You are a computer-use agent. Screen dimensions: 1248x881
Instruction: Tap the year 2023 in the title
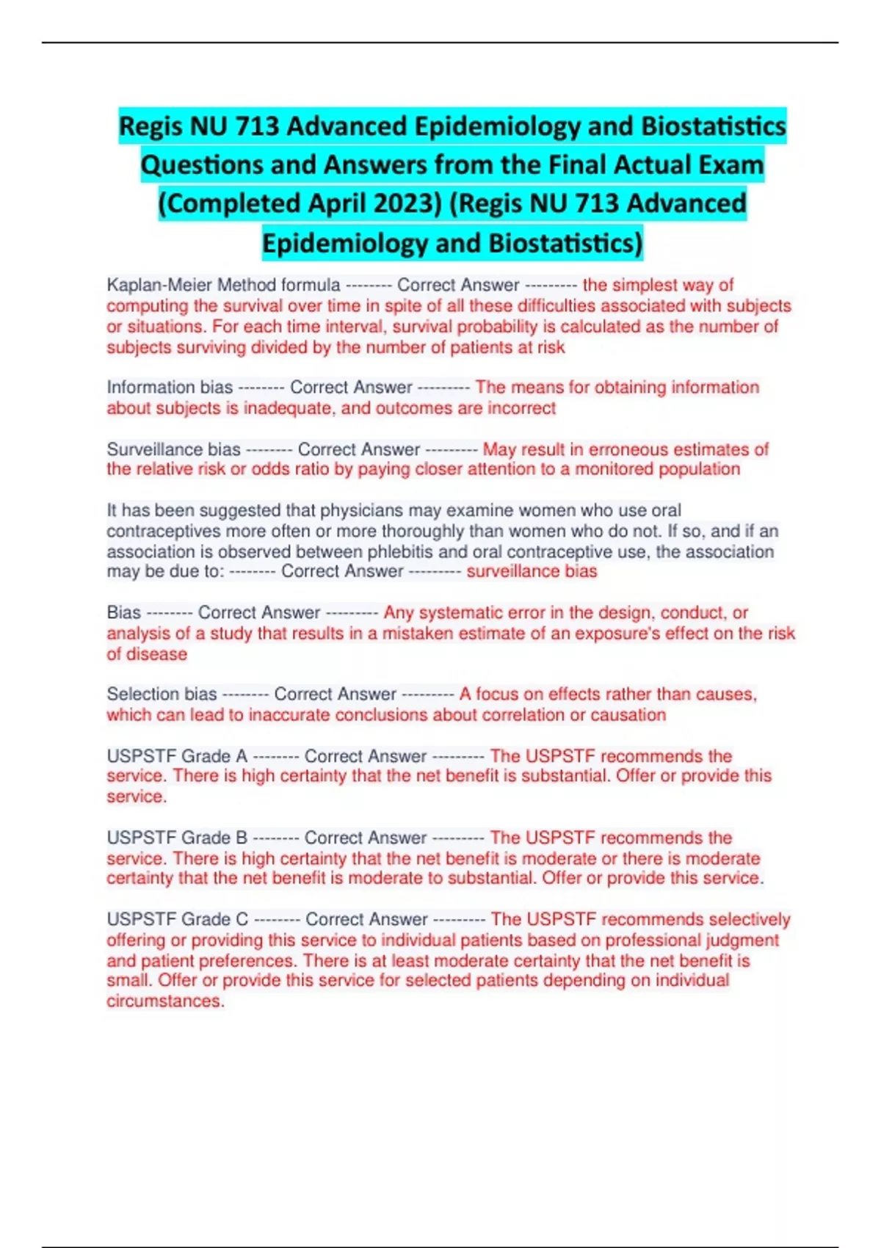point(402,203)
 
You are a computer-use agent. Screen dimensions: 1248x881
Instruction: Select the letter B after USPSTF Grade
point(242,838)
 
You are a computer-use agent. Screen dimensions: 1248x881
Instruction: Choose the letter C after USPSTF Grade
point(242,919)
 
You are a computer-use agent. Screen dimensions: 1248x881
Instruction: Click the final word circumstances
point(164,1001)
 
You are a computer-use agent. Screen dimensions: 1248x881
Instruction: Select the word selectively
point(750,919)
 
